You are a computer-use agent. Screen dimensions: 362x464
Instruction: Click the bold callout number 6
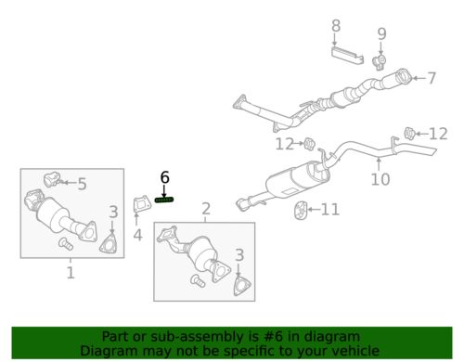(x=165, y=177)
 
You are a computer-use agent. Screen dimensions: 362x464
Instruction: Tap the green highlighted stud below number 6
(x=165, y=200)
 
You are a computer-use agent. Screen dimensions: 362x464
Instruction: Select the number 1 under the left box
(x=71, y=273)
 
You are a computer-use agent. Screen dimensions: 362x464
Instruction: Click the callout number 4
(x=137, y=235)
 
